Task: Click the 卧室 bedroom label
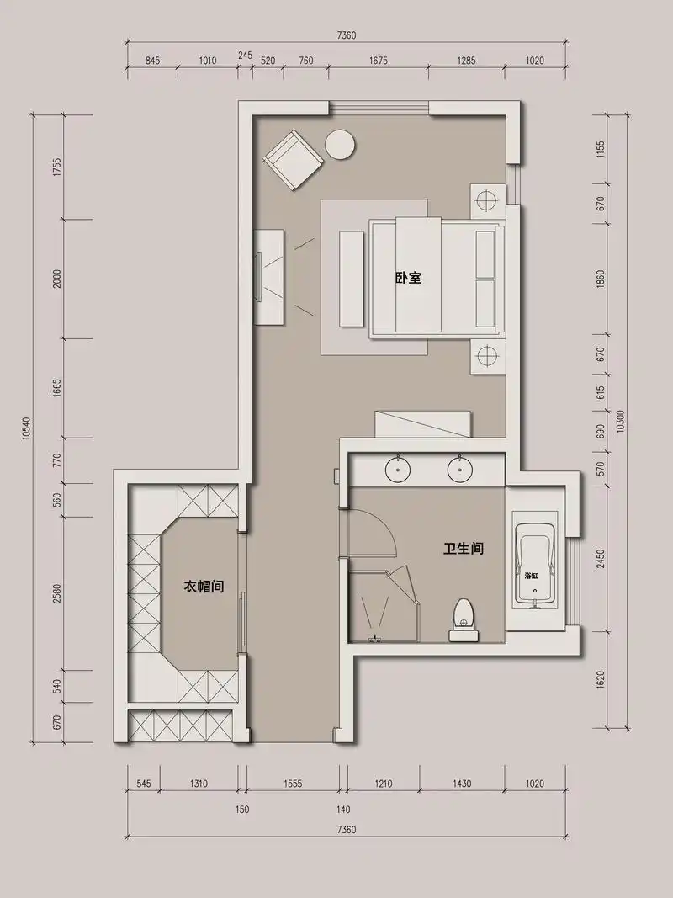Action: pos(409,279)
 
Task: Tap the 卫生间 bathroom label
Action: pos(464,549)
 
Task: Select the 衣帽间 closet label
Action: pos(204,587)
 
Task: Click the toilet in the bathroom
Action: pos(464,619)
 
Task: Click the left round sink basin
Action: pos(398,469)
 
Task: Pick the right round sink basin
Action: pos(459,469)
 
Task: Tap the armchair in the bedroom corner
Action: pos(293,160)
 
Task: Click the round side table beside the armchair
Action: pos(340,144)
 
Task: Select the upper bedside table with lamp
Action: pos(488,201)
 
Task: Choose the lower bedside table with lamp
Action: pos(488,356)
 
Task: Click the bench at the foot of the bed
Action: pos(352,279)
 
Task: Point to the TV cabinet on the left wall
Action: pos(269,278)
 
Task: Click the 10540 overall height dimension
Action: pos(26,428)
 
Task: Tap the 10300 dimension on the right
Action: pos(622,421)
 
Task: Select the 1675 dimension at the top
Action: pos(379,60)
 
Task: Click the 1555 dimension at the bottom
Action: pos(293,784)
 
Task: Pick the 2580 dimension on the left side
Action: pos(56,593)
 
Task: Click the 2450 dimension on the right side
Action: pos(601,559)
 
